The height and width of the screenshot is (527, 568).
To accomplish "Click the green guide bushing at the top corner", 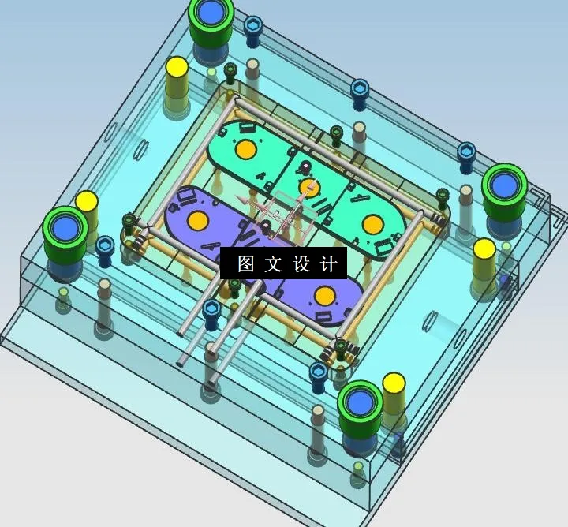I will (x=211, y=14).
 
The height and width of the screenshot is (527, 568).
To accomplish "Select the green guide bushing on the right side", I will (x=503, y=186).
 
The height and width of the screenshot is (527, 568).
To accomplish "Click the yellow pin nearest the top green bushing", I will (x=176, y=68).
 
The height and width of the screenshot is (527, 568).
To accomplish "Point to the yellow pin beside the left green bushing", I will (x=86, y=202).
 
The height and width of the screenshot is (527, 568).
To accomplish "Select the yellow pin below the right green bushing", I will (x=484, y=251).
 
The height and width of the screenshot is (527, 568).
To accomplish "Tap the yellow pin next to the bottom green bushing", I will (x=394, y=384).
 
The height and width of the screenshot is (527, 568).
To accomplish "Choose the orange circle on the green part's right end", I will (x=372, y=224).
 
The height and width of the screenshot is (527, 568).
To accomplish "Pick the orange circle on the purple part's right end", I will (x=323, y=297).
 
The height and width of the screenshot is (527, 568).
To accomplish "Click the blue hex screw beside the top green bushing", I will (x=252, y=25).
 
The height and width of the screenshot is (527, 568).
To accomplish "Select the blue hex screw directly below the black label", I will (x=211, y=309).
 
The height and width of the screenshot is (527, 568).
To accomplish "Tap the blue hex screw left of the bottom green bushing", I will (x=319, y=372).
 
